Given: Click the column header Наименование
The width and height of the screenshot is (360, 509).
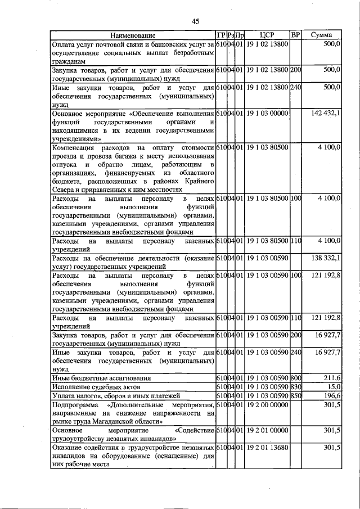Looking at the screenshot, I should (x=133, y=35).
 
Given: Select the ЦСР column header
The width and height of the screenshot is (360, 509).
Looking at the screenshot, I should (x=267, y=35).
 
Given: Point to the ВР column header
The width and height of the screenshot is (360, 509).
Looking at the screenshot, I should (x=296, y=35).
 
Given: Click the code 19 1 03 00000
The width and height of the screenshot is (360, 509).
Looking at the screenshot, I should (x=267, y=114).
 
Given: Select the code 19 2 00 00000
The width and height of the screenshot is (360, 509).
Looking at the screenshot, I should (x=267, y=404).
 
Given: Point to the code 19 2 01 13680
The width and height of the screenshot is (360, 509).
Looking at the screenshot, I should (x=267, y=448).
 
